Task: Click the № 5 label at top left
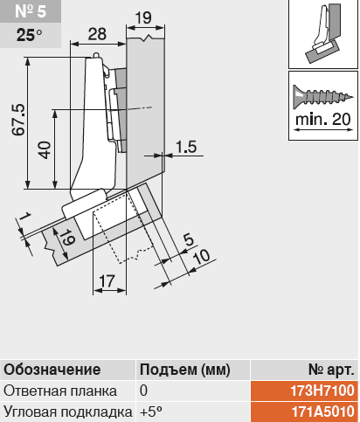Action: pyautogui.click(x=31, y=11)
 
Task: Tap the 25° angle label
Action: pyautogui.click(x=29, y=35)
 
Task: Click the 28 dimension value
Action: pyautogui.click(x=97, y=34)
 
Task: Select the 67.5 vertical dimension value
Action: pyautogui.click(x=18, y=120)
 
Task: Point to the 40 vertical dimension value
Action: pyautogui.click(x=45, y=150)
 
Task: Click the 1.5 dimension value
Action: pyautogui.click(x=186, y=147)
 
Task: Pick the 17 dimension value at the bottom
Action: pyautogui.click(x=107, y=281)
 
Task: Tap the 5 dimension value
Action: pyautogui.click(x=189, y=240)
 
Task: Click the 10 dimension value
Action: pyautogui.click(x=201, y=257)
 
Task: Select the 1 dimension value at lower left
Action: pyautogui.click(x=25, y=217)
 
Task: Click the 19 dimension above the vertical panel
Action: pyautogui.click(x=143, y=17)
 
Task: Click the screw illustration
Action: pyautogui.click(x=323, y=97)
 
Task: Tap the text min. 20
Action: pyautogui.click(x=323, y=120)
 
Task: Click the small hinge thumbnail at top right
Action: pyautogui.click(x=323, y=34)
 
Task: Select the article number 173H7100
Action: pyautogui.click(x=322, y=391)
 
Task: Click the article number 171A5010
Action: pyautogui.click(x=323, y=412)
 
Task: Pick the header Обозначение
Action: pyautogui.click(x=52, y=370)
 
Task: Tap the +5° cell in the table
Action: pyautogui.click(x=150, y=412)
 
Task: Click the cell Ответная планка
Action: pyautogui.click(x=60, y=391)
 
